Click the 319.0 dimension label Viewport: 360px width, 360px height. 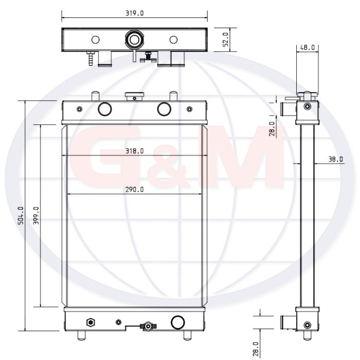point(135,13)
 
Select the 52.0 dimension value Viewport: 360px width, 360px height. point(225,40)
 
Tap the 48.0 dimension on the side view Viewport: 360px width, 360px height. point(308,47)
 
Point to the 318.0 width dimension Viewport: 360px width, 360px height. point(135,151)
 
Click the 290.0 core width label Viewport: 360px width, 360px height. point(135,189)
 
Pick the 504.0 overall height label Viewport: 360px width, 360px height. point(21,215)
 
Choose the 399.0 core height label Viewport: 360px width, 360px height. point(36,215)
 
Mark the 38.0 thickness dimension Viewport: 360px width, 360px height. point(336,159)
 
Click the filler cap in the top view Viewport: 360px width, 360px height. point(135,40)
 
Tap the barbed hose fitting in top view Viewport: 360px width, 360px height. point(91,59)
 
